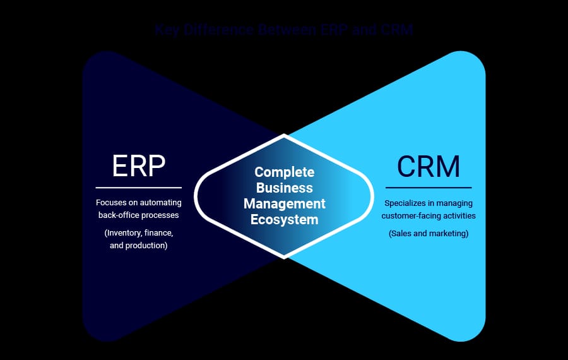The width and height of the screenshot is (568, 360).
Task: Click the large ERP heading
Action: [x=138, y=165]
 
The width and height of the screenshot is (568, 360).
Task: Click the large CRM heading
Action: [x=429, y=166]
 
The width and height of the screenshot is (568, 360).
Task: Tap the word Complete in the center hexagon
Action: [x=284, y=172]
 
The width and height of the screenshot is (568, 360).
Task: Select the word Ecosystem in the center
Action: [x=284, y=220]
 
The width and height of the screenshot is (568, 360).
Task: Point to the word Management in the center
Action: [x=285, y=204]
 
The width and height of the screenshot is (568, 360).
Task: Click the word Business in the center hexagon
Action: [x=284, y=188]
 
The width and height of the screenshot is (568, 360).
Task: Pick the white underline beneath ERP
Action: [x=138, y=188]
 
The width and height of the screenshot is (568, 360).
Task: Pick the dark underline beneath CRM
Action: [x=429, y=188]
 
